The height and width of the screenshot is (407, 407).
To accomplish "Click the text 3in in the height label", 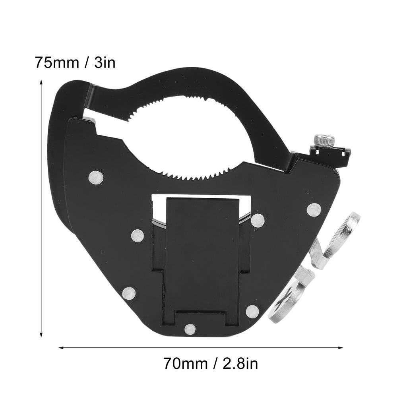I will point(105,63).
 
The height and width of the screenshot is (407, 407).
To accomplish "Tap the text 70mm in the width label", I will point(185,363).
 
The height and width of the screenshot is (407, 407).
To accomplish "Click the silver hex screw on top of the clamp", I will point(324,140).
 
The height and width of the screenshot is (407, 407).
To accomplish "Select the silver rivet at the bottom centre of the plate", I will point(190,329).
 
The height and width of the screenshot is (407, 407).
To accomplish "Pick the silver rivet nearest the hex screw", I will point(314,209).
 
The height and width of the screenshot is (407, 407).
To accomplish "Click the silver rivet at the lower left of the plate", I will point(129,294).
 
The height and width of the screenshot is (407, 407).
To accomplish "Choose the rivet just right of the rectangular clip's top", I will point(258,220).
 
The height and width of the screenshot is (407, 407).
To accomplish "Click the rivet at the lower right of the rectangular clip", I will point(252,311).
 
